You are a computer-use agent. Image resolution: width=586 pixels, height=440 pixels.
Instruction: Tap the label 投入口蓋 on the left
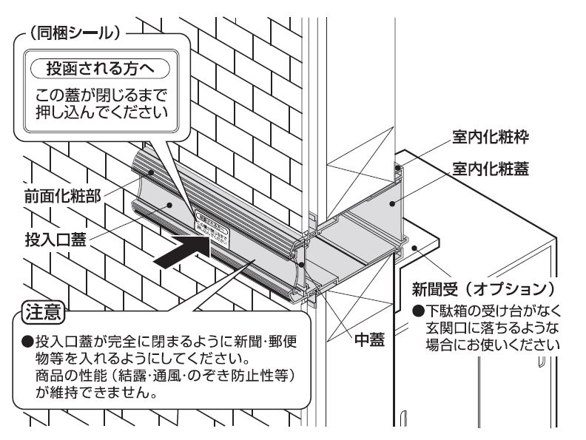51,241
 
